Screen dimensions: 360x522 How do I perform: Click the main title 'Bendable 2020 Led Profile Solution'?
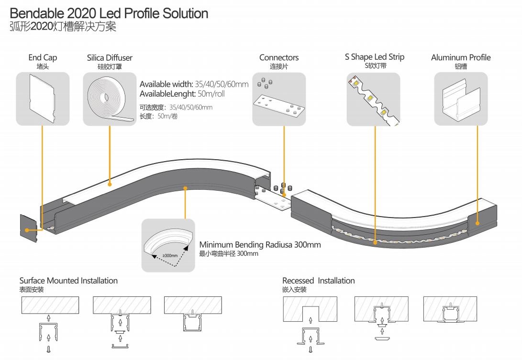click(x=109, y=13)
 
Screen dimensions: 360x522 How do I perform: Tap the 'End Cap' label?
click(x=43, y=57)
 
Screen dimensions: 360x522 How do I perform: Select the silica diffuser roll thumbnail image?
click(x=110, y=99)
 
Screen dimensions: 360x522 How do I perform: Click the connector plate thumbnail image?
click(x=279, y=99)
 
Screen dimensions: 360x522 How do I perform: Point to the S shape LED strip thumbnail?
click(x=373, y=99)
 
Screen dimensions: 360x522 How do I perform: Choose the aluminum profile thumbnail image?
click(x=461, y=99)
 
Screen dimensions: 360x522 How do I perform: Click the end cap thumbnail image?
click(x=43, y=99)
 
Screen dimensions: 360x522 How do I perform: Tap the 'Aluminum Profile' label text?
click(x=461, y=57)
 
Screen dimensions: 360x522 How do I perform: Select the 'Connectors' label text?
click(x=279, y=57)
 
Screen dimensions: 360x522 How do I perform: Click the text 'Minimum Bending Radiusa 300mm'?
click(x=260, y=245)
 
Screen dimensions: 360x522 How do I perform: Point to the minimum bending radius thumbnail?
click(x=168, y=245)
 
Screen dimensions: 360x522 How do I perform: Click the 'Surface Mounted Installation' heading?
click(x=68, y=281)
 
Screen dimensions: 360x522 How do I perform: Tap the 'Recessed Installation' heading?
click(x=319, y=281)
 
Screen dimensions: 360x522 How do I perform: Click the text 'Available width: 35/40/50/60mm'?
click(x=194, y=84)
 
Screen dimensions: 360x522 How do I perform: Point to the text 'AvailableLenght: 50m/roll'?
click(x=182, y=94)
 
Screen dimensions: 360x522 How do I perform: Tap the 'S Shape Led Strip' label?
click(x=375, y=57)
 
